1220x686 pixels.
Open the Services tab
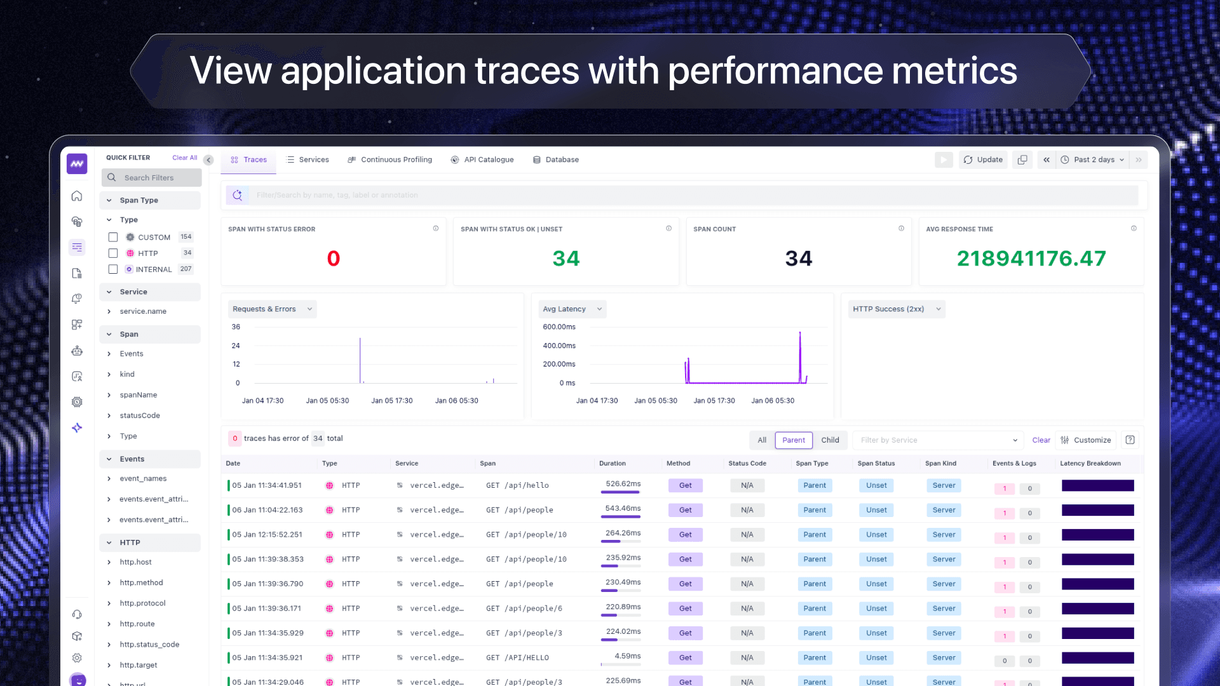pos(308,160)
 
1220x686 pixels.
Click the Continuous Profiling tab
pos(390,160)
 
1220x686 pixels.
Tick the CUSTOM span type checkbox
pos(113,238)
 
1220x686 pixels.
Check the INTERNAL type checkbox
pos(113,269)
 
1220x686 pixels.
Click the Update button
pos(983,160)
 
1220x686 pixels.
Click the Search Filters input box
pos(152,178)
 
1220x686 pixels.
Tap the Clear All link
pos(184,158)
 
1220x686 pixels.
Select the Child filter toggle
pos(830,440)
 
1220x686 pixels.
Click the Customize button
pos(1086,440)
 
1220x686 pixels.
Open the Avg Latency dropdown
pos(572,309)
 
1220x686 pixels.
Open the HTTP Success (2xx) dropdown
pos(896,309)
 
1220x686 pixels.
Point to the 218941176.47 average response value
pos(1031,259)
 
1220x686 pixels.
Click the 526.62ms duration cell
pos(623,485)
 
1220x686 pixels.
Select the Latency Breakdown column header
pos(1090,464)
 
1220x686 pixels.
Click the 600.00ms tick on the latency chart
pos(559,327)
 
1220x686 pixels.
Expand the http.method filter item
pos(141,583)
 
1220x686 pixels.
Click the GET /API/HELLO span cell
pos(517,658)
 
